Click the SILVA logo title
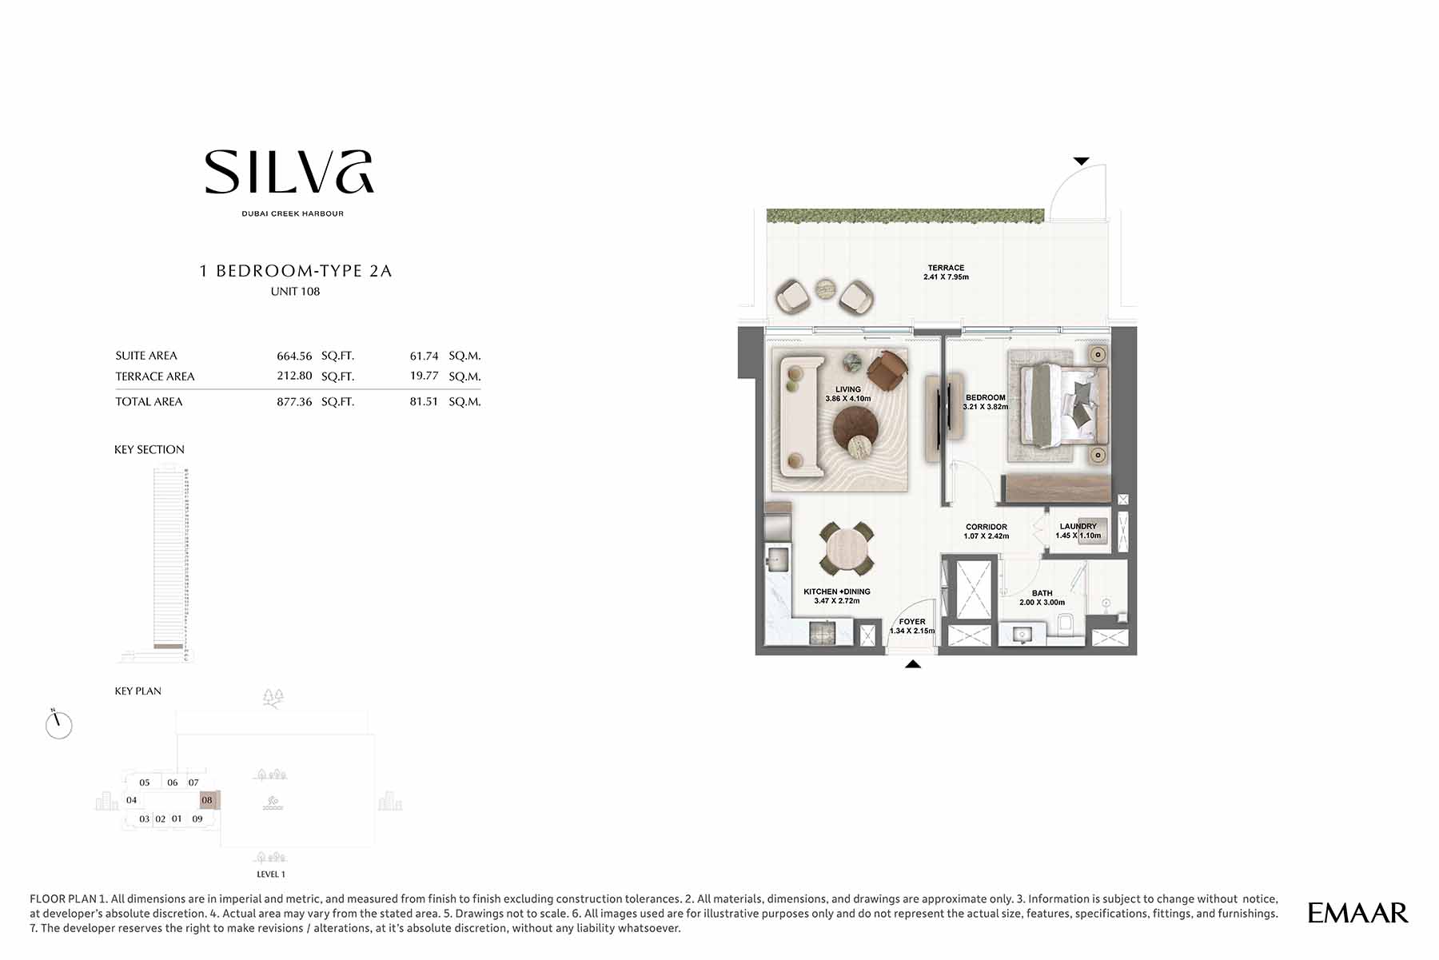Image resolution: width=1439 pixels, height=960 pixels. [289, 172]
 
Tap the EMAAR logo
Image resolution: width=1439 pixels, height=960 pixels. [1357, 913]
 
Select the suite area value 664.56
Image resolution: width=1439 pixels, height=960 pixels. [294, 356]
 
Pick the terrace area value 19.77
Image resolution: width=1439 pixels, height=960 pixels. [424, 376]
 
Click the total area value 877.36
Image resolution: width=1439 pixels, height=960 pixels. [294, 402]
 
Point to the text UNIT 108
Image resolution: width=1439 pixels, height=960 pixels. [295, 292]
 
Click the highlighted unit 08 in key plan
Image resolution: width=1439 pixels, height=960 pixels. [208, 800]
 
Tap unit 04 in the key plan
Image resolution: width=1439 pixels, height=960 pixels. [132, 800]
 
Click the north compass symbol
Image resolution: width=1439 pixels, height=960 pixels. [58, 724]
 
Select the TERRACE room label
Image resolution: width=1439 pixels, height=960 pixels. [946, 268]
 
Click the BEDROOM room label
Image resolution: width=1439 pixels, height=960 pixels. [985, 397]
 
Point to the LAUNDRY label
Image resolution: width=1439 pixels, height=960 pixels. [1078, 526]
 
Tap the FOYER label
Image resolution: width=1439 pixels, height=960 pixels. [912, 622]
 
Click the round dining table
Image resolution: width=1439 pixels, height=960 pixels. [847, 549]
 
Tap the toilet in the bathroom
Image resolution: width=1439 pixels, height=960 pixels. [1065, 624]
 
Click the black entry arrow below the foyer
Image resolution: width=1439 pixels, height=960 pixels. [913, 663]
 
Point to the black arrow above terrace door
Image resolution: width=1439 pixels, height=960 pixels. [1081, 161]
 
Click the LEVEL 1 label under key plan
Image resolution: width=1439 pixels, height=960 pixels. [271, 874]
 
